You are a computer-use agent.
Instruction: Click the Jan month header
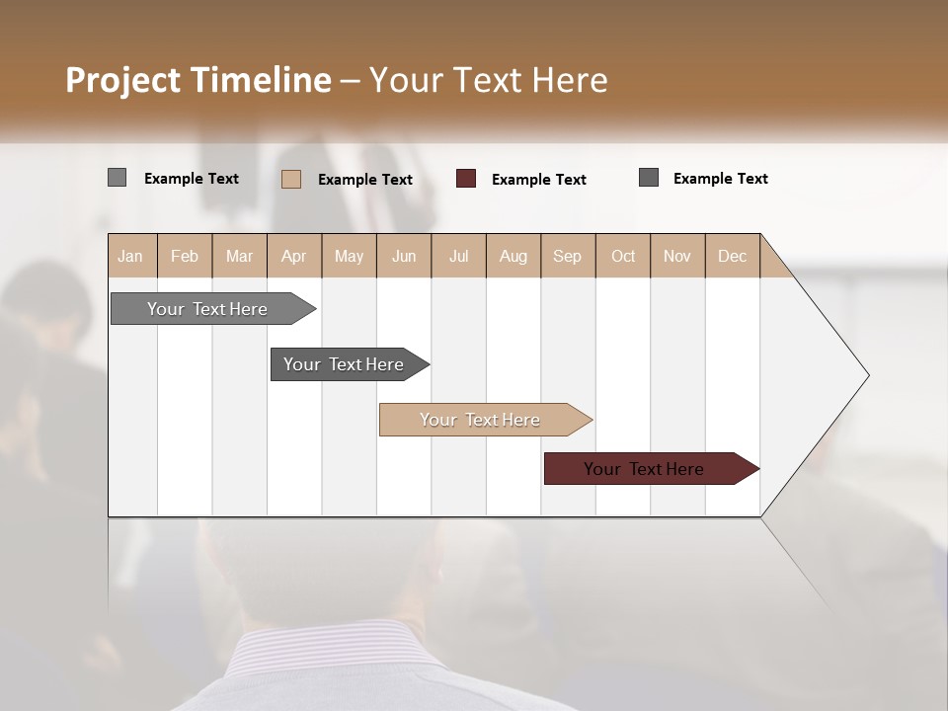click(x=130, y=256)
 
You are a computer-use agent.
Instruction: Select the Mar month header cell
click(x=239, y=256)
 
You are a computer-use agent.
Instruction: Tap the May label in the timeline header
click(x=349, y=256)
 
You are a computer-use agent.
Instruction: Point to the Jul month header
click(x=458, y=256)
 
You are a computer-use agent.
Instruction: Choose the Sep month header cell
click(x=567, y=256)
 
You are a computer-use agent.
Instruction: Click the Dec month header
click(x=732, y=256)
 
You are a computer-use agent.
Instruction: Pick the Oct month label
click(x=623, y=256)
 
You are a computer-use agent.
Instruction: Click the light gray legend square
click(x=117, y=178)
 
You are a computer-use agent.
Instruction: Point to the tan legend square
click(x=291, y=179)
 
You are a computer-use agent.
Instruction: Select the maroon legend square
click(x=466, y=179)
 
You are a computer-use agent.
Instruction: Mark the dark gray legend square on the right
click(x=649, y=178)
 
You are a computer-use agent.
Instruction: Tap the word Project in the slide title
click(x=122, y=80)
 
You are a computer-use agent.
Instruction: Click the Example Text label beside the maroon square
click(x=539, y=180)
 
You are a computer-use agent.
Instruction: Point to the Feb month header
click(x=185, y=256)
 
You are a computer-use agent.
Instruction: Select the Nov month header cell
click(x=677, y=256)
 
